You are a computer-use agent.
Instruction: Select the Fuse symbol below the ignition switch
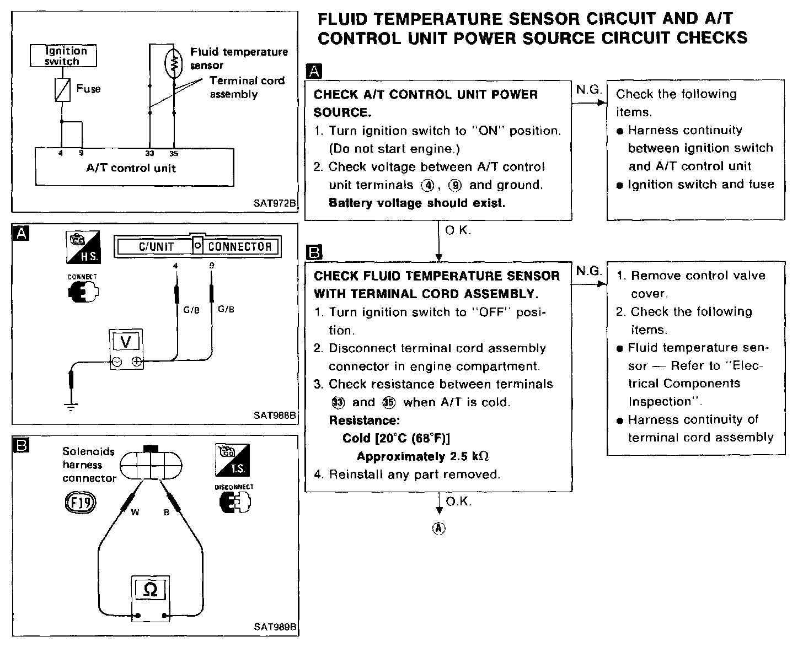point(62,89)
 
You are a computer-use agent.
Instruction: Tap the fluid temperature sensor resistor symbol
point(174,62)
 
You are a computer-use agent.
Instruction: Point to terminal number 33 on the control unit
point(150,154)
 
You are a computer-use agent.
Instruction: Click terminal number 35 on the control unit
point(174,154)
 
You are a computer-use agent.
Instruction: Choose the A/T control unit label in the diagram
point(131,168)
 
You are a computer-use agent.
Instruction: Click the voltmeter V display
point(126,342)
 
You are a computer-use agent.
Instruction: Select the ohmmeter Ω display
point(150,590)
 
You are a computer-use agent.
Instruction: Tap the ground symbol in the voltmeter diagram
point(71,407)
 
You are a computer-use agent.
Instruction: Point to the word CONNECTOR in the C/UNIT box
point(239,247)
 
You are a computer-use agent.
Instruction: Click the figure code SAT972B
point(275,203)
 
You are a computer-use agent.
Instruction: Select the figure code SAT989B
point(275,627)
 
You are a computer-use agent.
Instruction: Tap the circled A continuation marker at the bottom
point(438,528)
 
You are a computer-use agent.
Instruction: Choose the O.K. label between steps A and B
point(457,230)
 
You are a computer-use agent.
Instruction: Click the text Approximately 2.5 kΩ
point(423,456)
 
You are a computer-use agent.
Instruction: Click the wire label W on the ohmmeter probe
point(135,513)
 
